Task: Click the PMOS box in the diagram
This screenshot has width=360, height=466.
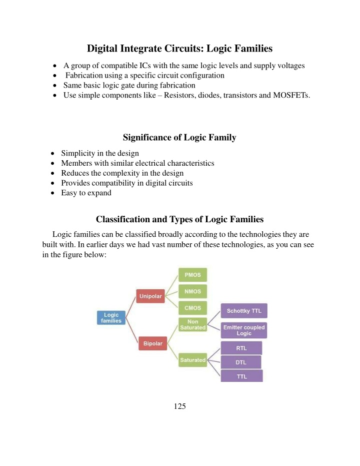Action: pos(192,275)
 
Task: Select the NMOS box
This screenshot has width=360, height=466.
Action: pos(192,291)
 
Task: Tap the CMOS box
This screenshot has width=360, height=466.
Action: pos(192,308)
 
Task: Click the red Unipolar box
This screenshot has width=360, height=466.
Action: pos(149,296)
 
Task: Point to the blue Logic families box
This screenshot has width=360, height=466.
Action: pos(111,317)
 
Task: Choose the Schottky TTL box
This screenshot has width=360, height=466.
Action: pos(243,311)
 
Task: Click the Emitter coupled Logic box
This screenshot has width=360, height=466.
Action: pos(243,330)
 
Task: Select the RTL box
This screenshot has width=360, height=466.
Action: pos(240,348)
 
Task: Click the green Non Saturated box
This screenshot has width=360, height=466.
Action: pos(192,324)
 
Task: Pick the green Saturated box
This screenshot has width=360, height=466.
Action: pos(192,360)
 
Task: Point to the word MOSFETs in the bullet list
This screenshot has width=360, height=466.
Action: pos(289,95)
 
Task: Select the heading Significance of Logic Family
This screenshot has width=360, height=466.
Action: pos(179,138)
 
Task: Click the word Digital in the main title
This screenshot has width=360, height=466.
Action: pos(103,49)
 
